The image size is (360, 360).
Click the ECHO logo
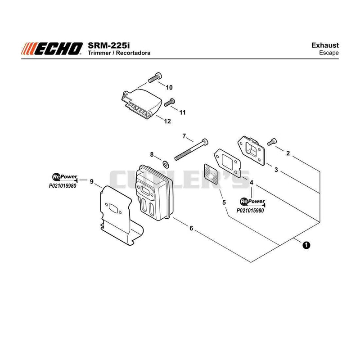point(52,49)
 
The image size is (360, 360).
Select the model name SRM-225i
point(108,45)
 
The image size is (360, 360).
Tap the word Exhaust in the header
point(325,45)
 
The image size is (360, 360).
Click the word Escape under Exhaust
point(329,53)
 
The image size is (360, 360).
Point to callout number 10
point(169,87)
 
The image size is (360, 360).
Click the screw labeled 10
point(155,77)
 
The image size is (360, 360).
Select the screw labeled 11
point(170,102)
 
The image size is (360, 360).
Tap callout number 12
point(167,121)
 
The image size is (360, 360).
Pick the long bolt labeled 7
point(191,149)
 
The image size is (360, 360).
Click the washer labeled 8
point(165,164)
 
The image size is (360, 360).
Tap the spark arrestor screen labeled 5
point(211,174)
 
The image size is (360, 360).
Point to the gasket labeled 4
point(227,162)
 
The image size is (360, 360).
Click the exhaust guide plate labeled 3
point(251,151)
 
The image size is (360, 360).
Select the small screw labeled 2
point(272,142)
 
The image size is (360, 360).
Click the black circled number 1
point(306,245)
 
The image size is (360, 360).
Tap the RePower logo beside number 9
point(65,177)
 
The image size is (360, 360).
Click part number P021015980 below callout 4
point(250,211)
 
